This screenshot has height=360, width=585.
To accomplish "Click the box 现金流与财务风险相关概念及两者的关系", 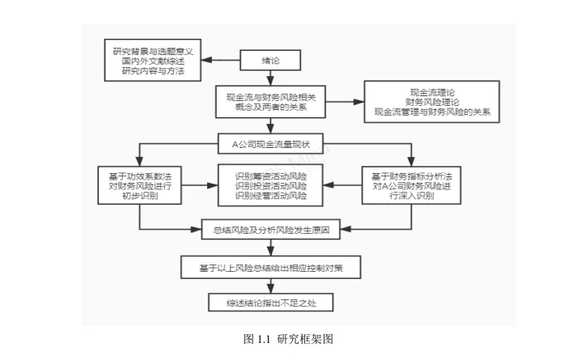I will coord(270,103).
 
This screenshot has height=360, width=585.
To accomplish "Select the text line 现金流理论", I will coord(437,91).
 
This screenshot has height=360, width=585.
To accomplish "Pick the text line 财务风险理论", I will coord(437,102).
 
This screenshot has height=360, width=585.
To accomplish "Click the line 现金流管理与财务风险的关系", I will coord(437,112).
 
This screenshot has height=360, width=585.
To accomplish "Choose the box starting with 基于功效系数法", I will coord(140,185).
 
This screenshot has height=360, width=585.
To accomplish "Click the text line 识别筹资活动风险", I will coord(270,175).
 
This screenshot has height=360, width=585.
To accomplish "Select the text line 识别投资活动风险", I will coord(270,185).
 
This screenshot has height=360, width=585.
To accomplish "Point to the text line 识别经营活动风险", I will coord(270,196).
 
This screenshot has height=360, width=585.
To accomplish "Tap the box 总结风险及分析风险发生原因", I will coord(270,230).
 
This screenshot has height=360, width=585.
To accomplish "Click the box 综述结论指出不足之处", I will coord(270,303).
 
